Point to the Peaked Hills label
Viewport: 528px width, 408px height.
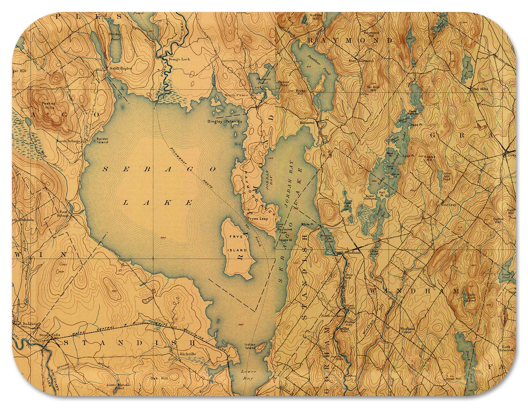pyautogui.click(x=48, y=106)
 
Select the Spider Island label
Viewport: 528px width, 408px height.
pyautogui.click(x=102, y=141)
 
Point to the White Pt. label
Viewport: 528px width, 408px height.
pyautogui.click(x=307, y=224)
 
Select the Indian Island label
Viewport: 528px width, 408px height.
pyautogui.click(x=250, y=346)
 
